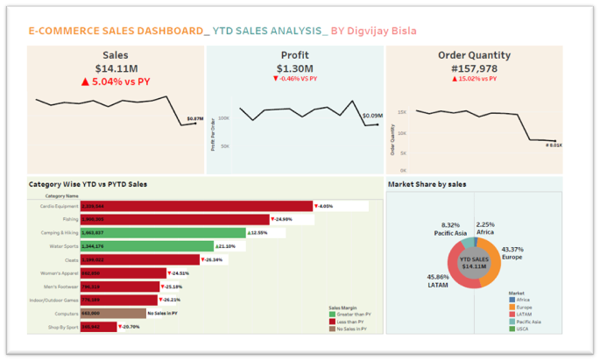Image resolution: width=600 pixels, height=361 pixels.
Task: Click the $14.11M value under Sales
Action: pyautogui.click(x=115, y=68)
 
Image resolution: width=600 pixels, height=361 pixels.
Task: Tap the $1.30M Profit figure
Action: pyautogui.click(x=293, y=68)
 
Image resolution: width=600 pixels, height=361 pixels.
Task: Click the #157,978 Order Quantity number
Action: pyautogui.click(x=473, y=68)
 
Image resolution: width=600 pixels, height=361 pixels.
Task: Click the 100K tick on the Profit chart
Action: pyautogui.click(x=223, y=117)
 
